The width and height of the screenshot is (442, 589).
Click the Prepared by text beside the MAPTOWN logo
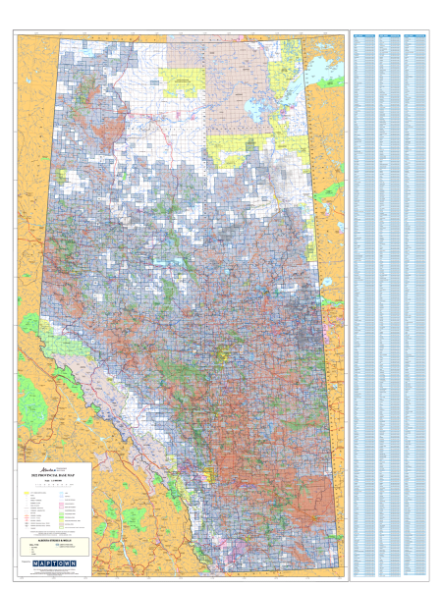26,562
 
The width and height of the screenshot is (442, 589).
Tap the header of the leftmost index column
364,33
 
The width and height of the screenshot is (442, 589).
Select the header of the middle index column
390,33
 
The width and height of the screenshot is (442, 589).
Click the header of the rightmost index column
415,33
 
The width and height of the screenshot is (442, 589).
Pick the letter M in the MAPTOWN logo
37,563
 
